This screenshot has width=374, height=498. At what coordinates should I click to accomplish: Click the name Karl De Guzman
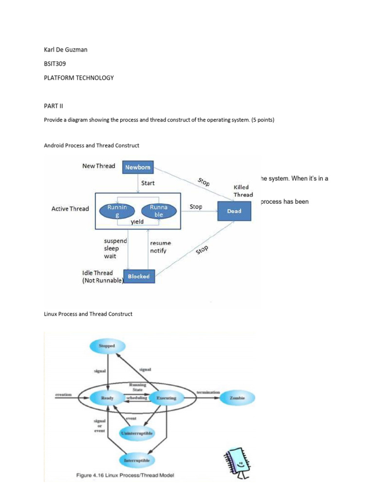(x=66, y=50)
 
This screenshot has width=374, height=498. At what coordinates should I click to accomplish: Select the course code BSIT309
(x=55, y=64)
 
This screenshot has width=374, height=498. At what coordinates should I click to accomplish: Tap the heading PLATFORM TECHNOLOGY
(x=79, y=78)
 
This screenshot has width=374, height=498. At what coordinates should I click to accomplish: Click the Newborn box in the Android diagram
(x=138, y=168)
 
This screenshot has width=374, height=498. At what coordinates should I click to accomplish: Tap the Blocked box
(x=139, y=276)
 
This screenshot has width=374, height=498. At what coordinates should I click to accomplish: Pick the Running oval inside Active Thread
(x=117, y=211)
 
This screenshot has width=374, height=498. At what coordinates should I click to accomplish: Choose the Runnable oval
(x=158, y=211)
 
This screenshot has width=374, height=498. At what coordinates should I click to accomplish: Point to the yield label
(x=137, y=222)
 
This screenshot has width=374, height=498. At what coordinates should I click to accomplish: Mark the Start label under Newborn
(x=148, y=183)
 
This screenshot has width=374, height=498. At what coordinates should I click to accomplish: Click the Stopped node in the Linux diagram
(x=108, y=346)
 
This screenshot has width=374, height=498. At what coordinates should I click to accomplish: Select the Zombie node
(x=238, y=398)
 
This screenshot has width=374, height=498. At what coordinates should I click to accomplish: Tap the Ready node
(x=107, y=398)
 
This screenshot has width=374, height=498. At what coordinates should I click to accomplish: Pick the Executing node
(x=167, y=398)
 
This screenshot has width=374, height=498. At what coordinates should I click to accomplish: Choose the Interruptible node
(x=137, y=460)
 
